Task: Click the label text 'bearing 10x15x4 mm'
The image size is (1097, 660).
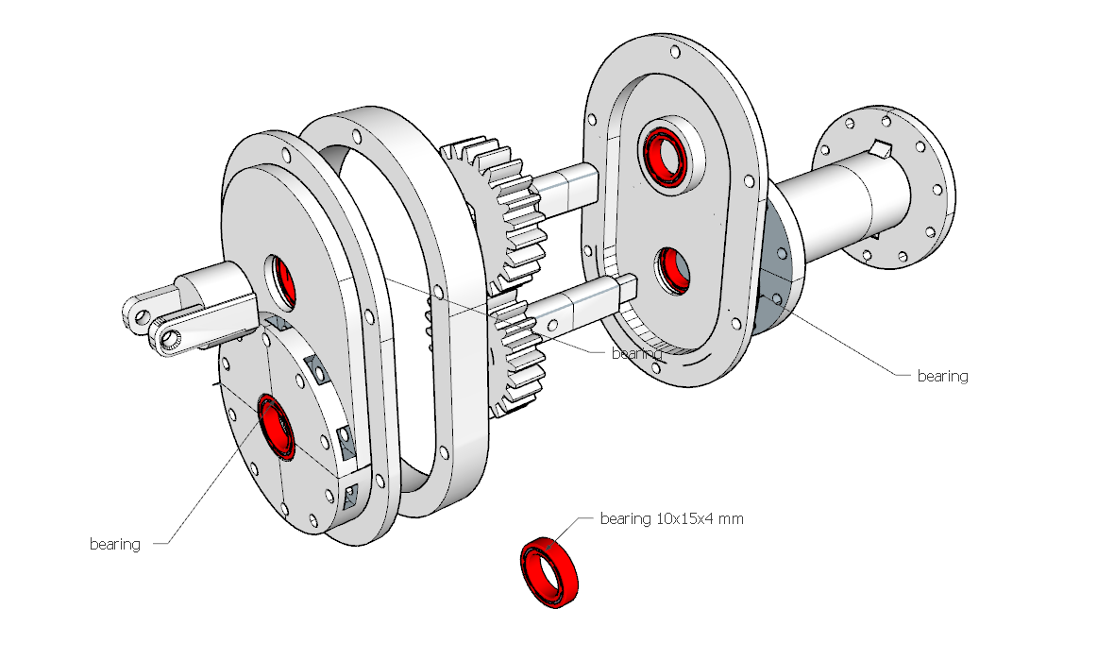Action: (670, 519)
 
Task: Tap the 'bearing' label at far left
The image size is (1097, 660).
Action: (114, 544)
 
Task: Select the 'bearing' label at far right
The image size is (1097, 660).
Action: (942, 376)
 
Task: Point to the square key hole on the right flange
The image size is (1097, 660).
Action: (880, 147)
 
